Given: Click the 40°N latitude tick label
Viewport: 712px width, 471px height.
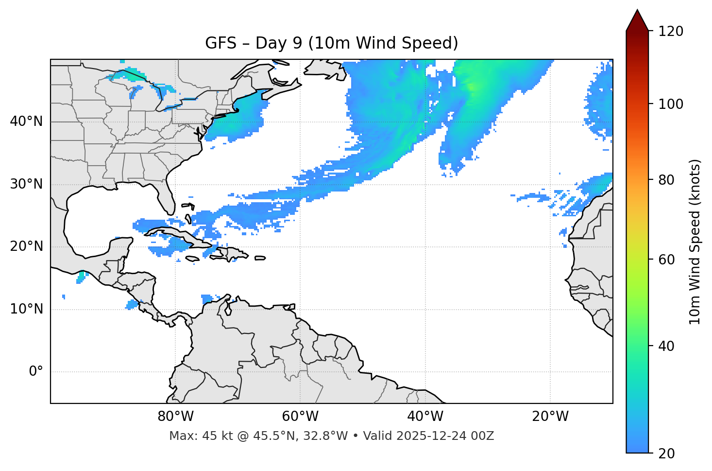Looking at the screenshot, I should pyautogui.click(x=26, y=122).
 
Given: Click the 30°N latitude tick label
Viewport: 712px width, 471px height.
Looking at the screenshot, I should pyautogui.click(x=26, y=184).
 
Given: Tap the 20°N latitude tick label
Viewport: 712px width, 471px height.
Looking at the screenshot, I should pyautogui.click(x=26, y=246).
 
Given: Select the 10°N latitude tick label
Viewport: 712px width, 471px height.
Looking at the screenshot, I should pyautogui.click(x=26, y=309).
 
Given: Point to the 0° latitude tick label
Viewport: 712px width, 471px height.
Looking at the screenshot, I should pyautogui.click(x=36, y=372).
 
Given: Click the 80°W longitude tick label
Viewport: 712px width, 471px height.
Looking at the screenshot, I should pyautogui.click(x=175, y=417).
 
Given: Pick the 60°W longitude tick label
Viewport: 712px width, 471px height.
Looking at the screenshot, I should pyautogui.click(x=300, y=417).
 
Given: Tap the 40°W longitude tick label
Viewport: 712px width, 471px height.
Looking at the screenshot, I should pyautogui.click(x=425, y=417).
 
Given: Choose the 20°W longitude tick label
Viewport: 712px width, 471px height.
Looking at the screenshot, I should pyautogui.click(x=550, y=417).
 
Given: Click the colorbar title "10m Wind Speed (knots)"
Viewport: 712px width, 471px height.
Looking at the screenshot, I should pyautogui.click(x=695, y=242).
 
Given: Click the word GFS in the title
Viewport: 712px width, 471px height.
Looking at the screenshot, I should pyautogui.click(x=220, y=43).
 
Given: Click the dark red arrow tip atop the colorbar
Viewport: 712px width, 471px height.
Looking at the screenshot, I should pyautogui.click(x=637, y=19).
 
